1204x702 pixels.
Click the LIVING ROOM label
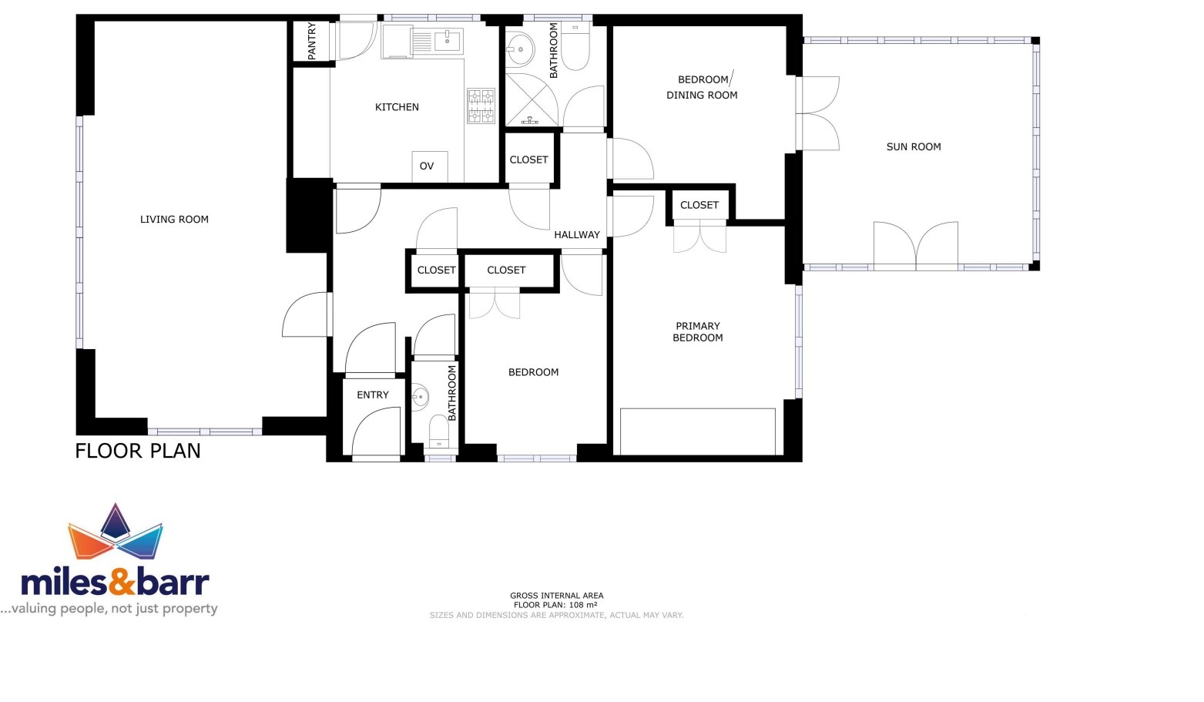click(x=174, y=220)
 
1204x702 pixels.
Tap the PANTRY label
click(x=312, y=41)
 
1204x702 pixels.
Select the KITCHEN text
click(x=397, y=107)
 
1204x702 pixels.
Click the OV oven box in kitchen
click(x=430, y=166)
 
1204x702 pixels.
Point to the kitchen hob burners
click(x=481, y=106)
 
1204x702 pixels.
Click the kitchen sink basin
click(x=448, y=40)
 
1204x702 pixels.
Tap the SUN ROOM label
click(x=914, y=146)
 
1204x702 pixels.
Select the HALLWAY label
click(x=577, y=234)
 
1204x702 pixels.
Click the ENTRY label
click(x=373, y=395)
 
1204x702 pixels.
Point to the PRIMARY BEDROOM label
click(x=698, y=331)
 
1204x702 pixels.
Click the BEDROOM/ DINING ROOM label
click(x=702, y=87)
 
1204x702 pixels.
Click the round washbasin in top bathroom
click(x=519, y=49)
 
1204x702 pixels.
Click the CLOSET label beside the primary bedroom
click(x=699, y=205)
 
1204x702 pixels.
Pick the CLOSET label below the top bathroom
click(x=529, y=160)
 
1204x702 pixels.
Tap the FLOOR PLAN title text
click(x=138, y=451)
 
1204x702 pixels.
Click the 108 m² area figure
click(x=583, y=605)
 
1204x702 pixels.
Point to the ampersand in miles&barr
click(x=121, y=581)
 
